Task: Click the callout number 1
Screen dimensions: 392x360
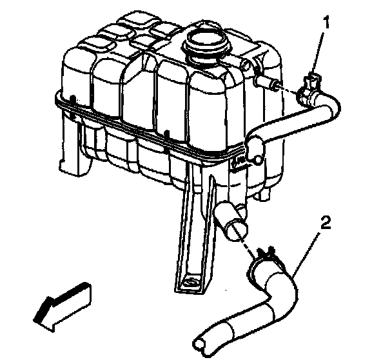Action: coord(326,22)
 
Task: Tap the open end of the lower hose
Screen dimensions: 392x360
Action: coord(199,345)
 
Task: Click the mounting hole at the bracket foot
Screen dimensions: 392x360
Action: coord(191,282)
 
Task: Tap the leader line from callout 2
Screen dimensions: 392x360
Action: coord(305,254)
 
